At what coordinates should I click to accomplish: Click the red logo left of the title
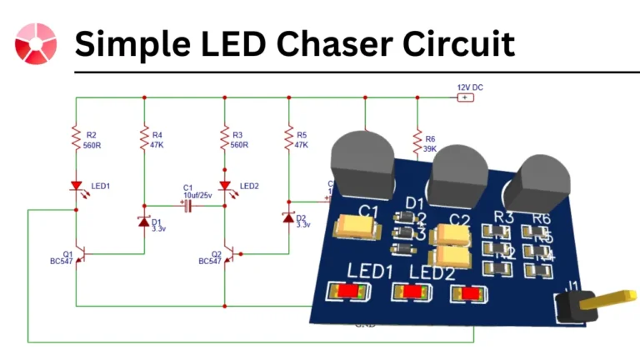point(36,43)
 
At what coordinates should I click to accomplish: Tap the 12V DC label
point(470,87)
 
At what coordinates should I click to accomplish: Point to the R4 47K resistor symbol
point(144,137)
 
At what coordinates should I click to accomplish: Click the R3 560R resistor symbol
point(224,137)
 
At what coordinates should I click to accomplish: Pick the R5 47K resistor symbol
point(288,137)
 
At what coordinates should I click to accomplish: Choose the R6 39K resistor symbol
point(416,138)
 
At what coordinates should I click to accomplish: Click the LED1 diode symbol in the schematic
point(76,186)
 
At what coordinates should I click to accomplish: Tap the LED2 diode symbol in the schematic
point(224,186)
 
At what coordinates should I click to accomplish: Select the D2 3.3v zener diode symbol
point(288,217)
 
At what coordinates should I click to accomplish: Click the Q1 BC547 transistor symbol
point(80,254)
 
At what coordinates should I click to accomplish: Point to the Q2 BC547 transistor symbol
point(228,254)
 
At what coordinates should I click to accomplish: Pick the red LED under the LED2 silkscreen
point(412,292)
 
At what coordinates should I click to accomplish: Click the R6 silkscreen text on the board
point(542,218)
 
